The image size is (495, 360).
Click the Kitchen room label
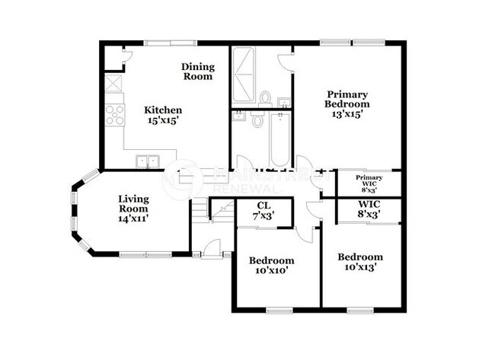(x=163, y=110)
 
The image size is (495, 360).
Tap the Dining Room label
(x=196, y=72)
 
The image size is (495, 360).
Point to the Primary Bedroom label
(x=346, y=97)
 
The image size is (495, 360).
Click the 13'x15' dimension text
(x=346, y=114)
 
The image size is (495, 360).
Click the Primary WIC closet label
(x=369, y=180)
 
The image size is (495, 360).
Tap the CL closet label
(x=263, y=205)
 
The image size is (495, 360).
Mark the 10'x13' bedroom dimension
(x=359, y=267)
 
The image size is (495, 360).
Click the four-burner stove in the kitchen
(x=114, y=115)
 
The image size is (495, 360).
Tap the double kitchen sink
(x=147, y=161)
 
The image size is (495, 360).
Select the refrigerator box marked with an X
(x=113, y=83)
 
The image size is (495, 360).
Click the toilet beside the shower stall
(x=266, y=98)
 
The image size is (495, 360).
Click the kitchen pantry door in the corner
(x=126, y=55)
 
